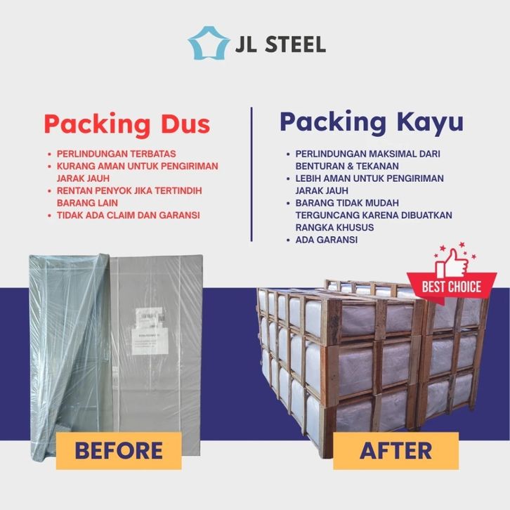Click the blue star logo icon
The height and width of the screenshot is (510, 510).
(x=208, y=43)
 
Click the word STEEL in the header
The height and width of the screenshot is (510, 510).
(x=295, y=44)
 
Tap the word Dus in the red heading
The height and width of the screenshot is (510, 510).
(x=185, y=124)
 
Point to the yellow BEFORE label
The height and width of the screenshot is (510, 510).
(x=119, y=450)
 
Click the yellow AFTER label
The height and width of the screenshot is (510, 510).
(x=395, y=450)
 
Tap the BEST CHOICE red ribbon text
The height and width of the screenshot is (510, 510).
(x=452, y=287)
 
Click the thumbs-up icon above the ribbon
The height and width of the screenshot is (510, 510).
(x=452, y=263)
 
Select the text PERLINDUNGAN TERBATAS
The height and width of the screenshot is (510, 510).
(x=116, y=154)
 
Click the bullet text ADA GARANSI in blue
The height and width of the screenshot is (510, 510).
(x=326, y=240)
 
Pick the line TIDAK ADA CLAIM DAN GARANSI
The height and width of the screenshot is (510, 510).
(x=128, y=215)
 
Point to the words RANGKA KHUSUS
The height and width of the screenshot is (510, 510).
(x=334, y=228)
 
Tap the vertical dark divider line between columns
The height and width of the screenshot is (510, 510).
(x=251, y=174)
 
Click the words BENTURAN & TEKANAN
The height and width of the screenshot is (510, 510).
(x=347, y=166)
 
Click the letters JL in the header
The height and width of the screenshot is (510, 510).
(x=246, y=44)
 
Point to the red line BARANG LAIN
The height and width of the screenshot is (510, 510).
(x=87, y=203)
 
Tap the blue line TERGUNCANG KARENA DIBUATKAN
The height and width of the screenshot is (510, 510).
(x=374, y=215)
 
